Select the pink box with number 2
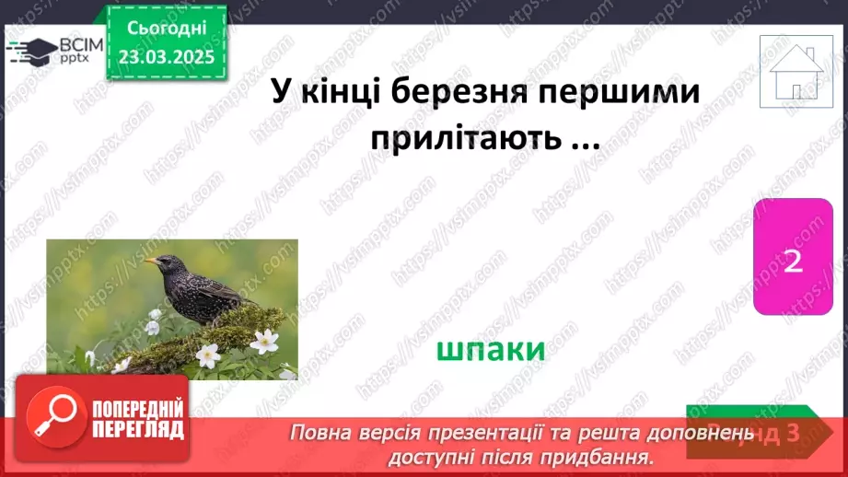click(793, 261)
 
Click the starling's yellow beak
click(150, 262)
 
